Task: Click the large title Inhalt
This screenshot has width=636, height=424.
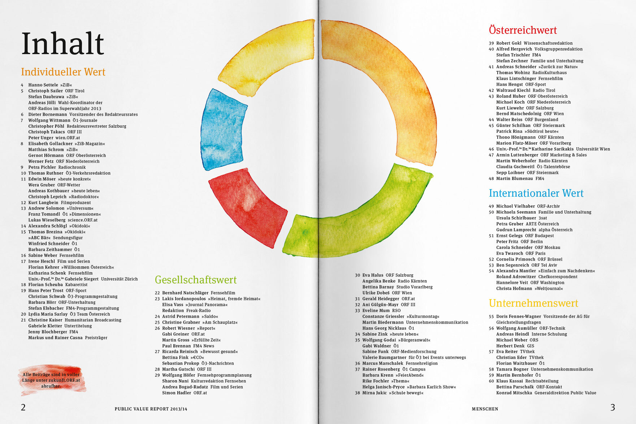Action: pyautogui.click(x=63, y=44)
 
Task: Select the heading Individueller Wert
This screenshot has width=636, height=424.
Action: pyautogui.click(x=63, y=72)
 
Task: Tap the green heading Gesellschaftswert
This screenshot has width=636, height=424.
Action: pyautogui.click(x=196, y=280)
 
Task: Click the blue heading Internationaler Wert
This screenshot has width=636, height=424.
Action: pyautogui.click(x=536, y=193)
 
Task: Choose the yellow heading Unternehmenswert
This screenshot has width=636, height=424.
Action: pyautogui.click(x=533, y=303)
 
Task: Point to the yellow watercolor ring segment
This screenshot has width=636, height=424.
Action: pyautogui.click(x=267, y=58)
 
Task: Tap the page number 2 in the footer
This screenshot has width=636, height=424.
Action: pyautogui.click(x=23, y=407)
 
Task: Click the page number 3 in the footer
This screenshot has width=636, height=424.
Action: pyautogui.click(x=613, y=407)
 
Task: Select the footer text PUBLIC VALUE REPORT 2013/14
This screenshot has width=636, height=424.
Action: pyautogui.click(x=151, y=409)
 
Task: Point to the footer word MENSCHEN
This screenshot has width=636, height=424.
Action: pyautogui.click(x=485, y=409)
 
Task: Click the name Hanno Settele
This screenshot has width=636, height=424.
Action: pyautogui.click(x=43, y=85)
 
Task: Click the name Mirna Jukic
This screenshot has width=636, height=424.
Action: pyautogui.click(x=374, y=393)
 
